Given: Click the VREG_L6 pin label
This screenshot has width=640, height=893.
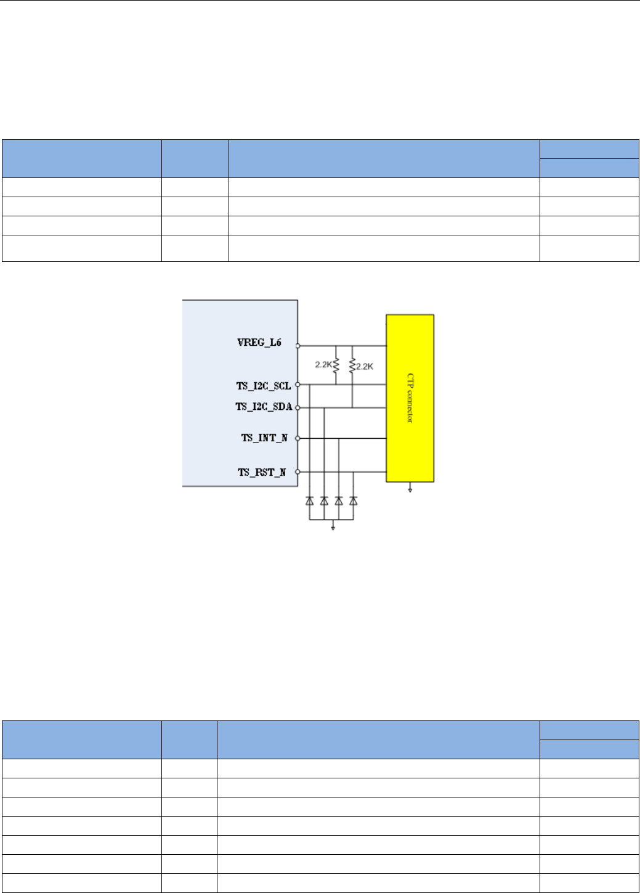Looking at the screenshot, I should tap(259, 343).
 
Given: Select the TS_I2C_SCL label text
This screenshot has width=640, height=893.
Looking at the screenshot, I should tap(263, 386).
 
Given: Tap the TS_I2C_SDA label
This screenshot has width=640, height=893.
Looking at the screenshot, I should tap(263, 407).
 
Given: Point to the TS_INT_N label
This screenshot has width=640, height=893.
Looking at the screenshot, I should tap(264, 438).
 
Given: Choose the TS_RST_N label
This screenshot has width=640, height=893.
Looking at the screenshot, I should tap(262, 473).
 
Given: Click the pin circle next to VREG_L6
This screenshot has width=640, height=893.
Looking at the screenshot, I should tap(298, 346).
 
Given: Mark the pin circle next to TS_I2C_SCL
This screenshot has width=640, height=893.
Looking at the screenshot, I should tap(298, 385).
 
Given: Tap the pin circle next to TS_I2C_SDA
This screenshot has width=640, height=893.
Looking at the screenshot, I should tap(298, 407).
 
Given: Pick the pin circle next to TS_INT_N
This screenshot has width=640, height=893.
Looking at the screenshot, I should tap(298, 438).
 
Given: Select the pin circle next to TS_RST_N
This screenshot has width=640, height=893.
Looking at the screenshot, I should tap(298, 472).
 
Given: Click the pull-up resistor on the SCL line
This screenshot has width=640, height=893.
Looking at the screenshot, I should tap(336, 365).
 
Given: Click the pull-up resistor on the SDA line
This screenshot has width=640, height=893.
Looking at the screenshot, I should tap(352, 365).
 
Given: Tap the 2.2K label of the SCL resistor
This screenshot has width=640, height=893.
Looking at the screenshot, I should tap(323, 365).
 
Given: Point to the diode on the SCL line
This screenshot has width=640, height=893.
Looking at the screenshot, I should tap(310, 501).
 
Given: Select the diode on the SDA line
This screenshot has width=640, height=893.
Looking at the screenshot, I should tap(324, 501).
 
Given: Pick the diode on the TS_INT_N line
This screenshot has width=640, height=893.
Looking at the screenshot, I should tap(339, 501).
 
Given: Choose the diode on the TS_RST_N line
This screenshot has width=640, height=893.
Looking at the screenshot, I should tap(354, 501).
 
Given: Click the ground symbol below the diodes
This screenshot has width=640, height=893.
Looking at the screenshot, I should tap(333, 528).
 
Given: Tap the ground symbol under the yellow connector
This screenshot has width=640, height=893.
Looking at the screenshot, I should tap(410, 489).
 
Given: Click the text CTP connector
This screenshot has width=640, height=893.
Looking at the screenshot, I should tap(410, 398).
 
